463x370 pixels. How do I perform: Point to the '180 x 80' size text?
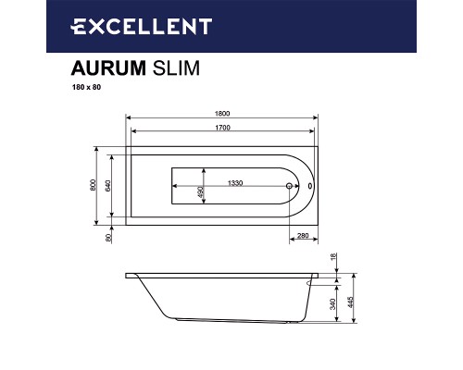87,89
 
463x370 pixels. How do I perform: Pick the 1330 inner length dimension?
236,182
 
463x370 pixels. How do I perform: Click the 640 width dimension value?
108,185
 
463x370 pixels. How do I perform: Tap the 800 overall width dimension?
90,185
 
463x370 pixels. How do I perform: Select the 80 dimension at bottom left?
108,239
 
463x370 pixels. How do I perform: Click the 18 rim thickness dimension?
334,265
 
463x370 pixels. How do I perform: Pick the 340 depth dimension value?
334,303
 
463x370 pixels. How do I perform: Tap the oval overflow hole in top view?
309,185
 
